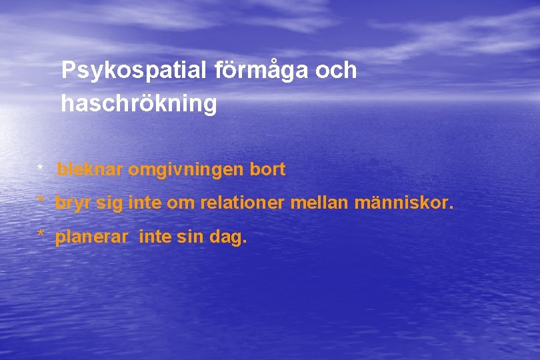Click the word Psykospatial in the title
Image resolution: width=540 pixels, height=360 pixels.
pos(134,71)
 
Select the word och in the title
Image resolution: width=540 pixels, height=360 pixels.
pos(336,71)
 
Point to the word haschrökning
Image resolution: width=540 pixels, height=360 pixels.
pos(139,104)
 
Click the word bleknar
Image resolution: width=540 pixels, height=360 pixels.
pos(90,170)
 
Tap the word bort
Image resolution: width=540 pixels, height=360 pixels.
pos(267,170)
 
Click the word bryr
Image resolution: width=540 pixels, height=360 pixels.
pos(73,203)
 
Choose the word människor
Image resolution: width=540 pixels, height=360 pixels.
pos(404,203)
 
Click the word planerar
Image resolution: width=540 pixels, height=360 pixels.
pos(91,236)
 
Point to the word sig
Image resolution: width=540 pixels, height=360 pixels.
pos(110,203)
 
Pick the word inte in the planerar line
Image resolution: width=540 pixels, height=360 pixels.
pos(156,236)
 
